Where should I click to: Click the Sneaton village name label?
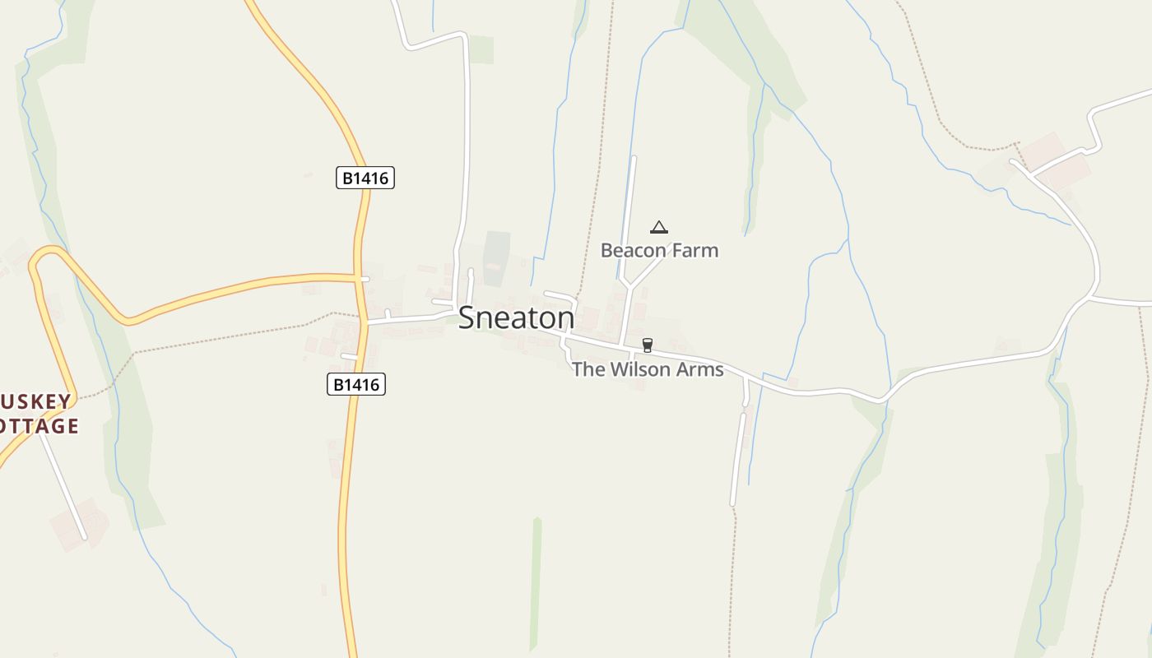pos(516,318)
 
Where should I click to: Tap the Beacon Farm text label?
pos(659,250)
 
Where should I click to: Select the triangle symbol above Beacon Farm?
pos(658,227)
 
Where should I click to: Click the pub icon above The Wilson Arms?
pos(648,345)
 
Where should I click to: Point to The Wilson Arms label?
pos(648,369)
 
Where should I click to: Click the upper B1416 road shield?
pos(365,178)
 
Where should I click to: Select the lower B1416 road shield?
pos(356,384)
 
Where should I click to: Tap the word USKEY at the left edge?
pos(36,402)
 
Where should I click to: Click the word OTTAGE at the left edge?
pos(39,426)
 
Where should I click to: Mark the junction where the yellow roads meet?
pos(359,277)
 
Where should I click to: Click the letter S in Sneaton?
pos(467,318)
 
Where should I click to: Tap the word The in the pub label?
pos(588,369)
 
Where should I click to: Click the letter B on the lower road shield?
pos(337,384)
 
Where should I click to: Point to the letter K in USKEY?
pos(36,402)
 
